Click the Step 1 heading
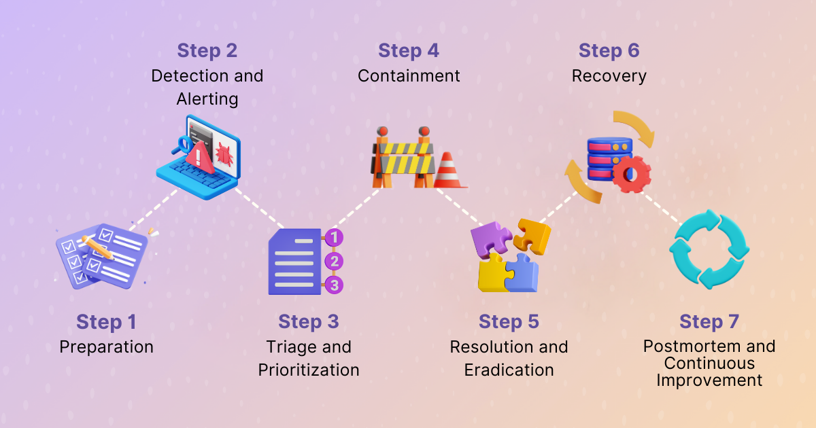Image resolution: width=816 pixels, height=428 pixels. pos(106,321)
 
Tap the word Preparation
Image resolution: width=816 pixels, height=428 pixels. pos(106,347)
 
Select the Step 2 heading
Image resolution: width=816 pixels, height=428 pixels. pos(207,50)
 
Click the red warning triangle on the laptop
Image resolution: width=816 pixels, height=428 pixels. pos(199,156)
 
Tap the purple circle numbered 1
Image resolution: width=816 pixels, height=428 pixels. pos(334,238)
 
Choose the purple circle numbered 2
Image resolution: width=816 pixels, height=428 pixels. pos(333,261)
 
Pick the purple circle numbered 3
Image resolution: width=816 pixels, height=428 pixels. pos(333,285)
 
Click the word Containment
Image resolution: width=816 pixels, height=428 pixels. pos(409,76)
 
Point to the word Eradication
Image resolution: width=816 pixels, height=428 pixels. pos(509,370)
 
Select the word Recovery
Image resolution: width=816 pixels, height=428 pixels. pos(609,76)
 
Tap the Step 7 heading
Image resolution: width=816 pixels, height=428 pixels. pos(709,321)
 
